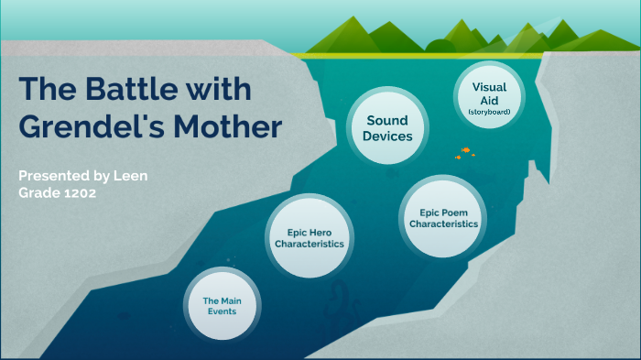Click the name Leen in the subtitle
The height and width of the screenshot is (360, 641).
(x=130, y=175)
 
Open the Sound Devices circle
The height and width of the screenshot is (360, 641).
(x=387, y=128)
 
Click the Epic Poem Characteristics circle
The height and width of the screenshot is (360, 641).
(x=443, y=217)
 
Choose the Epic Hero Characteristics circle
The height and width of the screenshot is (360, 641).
(x=309, y=237)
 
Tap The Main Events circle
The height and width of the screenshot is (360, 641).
(x=222, y=305)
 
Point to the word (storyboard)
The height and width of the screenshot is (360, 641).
(x=489, y=112)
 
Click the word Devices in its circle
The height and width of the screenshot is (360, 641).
(x=387, y=136)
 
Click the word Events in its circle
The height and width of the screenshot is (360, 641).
(x=222, y=311)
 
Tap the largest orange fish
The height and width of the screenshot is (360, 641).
(x=465, y=149)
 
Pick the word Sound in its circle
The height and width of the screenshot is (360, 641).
(x=387, y=120)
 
